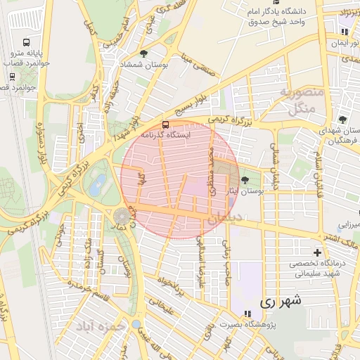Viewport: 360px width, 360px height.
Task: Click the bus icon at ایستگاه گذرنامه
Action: (x=165, y=125)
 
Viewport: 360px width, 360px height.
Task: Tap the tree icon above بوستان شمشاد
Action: (x=144, y=54)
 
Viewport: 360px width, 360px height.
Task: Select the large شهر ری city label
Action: (x=281, y=302)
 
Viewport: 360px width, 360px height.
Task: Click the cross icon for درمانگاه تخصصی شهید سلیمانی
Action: (x=317, y=252)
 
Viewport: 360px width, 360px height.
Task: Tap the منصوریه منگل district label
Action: (x=300, y=101)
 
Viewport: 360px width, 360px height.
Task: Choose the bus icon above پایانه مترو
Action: (x=26, y=42)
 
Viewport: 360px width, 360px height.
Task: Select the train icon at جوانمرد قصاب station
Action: (x=12, y=76)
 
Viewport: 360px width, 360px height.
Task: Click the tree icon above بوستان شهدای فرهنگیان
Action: (x=342, y=120)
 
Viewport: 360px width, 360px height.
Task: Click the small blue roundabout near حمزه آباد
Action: (x=136, y=324)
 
